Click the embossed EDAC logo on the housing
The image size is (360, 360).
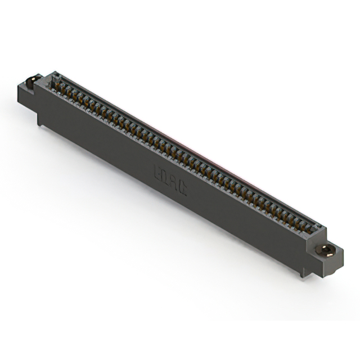(x=170, y=181)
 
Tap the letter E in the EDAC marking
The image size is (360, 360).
(x=158, y=172)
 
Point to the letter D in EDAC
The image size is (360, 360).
(x=166, y=177)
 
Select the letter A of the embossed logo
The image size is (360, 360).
(x=174, y=183)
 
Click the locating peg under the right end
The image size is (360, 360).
(x=304, y=273)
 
